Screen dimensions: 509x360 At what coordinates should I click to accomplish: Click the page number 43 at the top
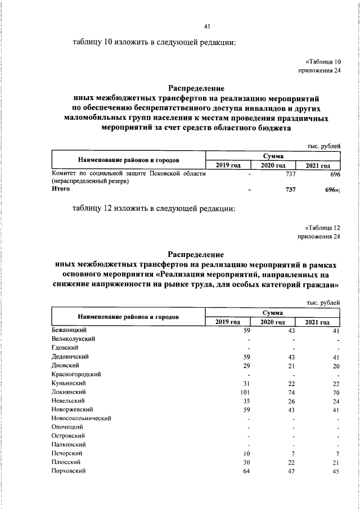pos(207,26)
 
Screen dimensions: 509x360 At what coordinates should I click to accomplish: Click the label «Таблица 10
pos(323,62)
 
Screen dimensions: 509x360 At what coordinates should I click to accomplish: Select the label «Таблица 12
pos(323,228)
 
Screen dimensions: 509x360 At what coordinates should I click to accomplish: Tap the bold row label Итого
pos(61,190)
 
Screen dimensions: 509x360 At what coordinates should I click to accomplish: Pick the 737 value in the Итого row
pos(290,190)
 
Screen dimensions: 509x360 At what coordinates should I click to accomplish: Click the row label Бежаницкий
pos(68,331)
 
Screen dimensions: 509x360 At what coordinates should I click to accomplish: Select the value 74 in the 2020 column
pos(291,391)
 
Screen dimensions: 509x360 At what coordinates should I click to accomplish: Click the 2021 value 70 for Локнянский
pos(336,391)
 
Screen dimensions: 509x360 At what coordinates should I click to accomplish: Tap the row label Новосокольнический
pos(81,418)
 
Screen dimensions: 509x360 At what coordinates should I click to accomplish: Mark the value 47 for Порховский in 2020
pos(291,471)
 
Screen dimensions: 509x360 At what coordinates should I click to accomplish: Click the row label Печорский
pos(67,453)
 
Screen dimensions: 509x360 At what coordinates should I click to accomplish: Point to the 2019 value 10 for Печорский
pos(246,453)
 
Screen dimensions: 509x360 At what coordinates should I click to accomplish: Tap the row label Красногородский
pos(76,374)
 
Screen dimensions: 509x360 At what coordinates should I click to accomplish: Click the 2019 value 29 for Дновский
pos(246,366)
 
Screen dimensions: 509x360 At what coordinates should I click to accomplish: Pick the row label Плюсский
pos(66,462)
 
